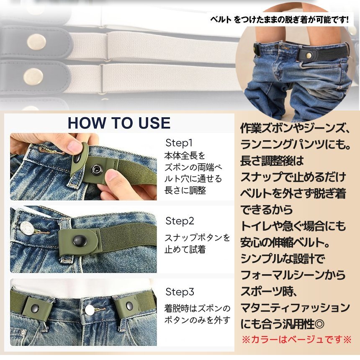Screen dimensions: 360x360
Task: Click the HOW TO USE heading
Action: pyautogui.click(x=119, y=123)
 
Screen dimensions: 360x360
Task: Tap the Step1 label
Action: pyautogui.click(x=179, y=143)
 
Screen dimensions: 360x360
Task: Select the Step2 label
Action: pyautogui.click(x=180, y=221)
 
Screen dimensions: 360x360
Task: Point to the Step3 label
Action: pyautogui.click(x=180, y=292)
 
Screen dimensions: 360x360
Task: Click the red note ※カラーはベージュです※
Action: pyautogui.click(x=296, y=339)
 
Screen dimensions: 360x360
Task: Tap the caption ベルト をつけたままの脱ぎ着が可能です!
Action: pyautogui.click(x=280, y=20)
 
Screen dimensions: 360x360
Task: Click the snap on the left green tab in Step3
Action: pyautogui.click(x=35, y=308)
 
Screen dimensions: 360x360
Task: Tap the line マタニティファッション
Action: pyautogui.click(x=295, y=308)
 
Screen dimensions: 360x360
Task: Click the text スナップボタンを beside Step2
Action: pyautogui.click(x=197, y=238)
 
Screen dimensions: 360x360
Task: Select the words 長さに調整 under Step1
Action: pyautogui.click(x=185, y=190)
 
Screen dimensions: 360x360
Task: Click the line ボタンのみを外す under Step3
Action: pyautogui.click(x=197, y=320)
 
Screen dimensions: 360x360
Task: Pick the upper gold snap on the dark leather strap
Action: pyautogui.click(x=36, y=42)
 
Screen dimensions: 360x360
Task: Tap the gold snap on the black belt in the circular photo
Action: pyautogui.click(x=309, y=56)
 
